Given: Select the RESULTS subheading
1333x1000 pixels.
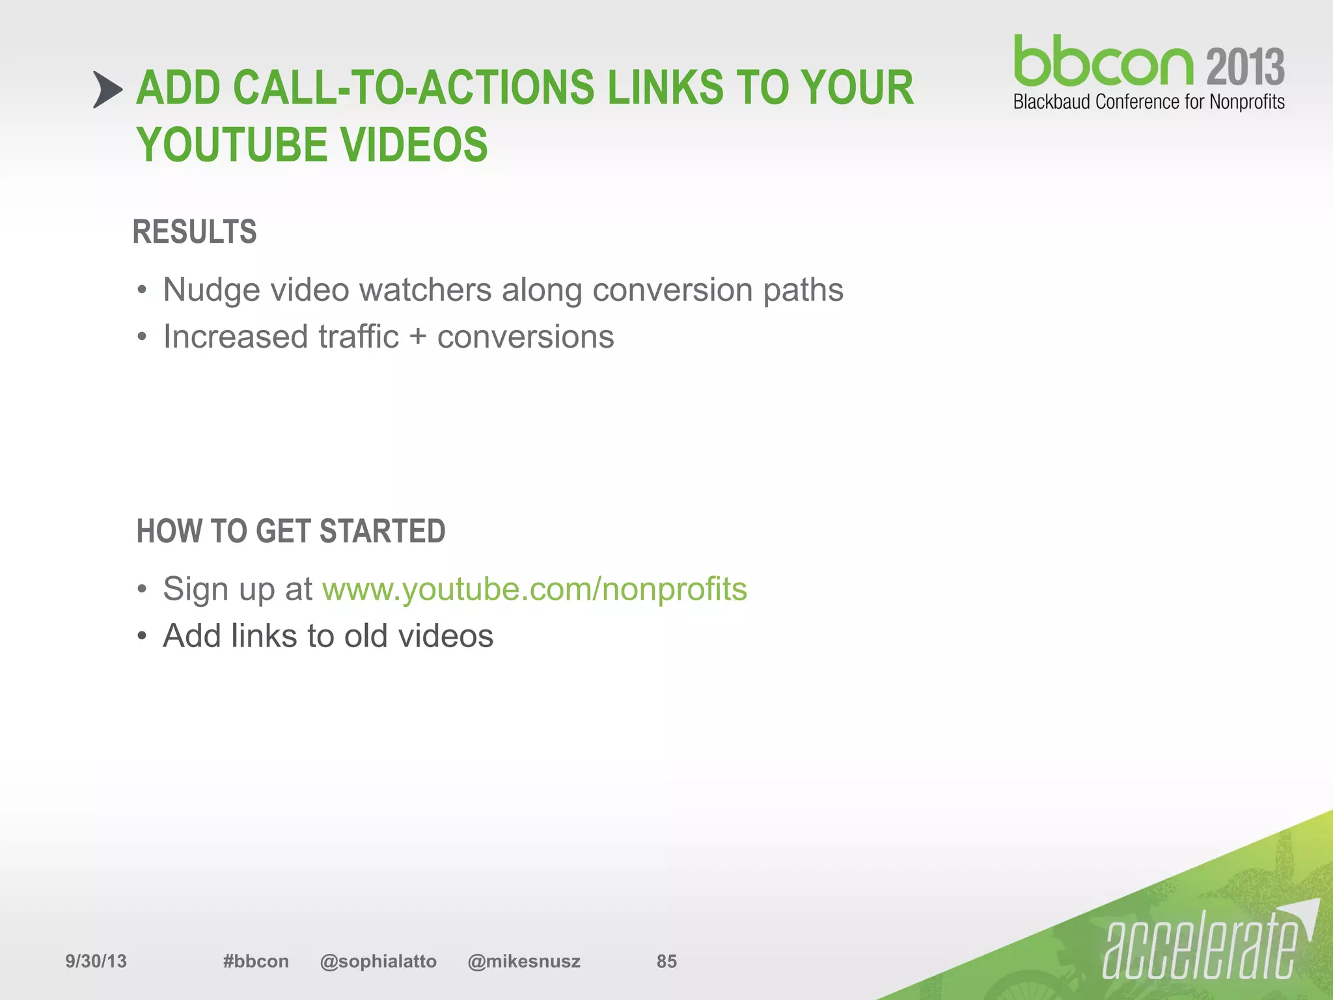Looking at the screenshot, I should (195, 232).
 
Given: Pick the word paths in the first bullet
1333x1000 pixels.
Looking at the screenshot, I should (803, 290).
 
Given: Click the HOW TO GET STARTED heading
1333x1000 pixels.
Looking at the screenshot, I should (291, 531).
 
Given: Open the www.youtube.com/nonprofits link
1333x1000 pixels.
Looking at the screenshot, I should (534, 589).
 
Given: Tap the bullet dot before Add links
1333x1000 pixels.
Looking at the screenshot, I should (142, 636).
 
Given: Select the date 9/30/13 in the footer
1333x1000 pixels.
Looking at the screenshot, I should (96, 961).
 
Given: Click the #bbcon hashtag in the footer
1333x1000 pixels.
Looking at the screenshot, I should (256, 961).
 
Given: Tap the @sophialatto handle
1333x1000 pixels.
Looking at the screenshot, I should (378, 961).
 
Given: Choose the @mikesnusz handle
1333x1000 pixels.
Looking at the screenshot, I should (524, 961).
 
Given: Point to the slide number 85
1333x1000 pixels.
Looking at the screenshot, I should (666, 961).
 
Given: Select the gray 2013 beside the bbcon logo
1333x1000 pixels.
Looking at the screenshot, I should (1245, 67).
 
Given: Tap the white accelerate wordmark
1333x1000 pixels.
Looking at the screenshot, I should (1201, 947).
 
